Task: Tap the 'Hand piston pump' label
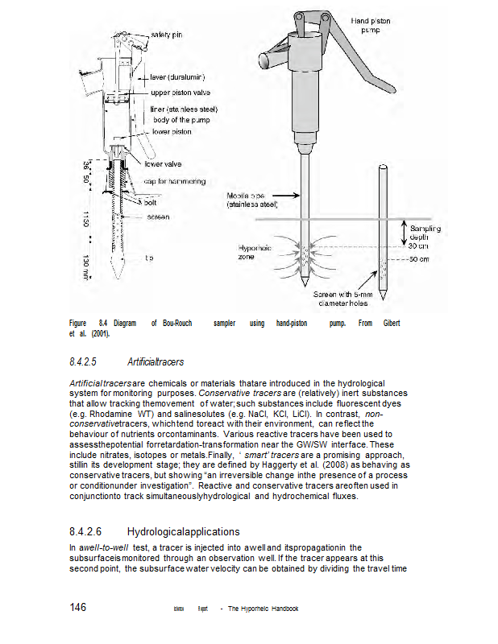tap(371, 24)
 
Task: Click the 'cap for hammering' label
tap(175, 181)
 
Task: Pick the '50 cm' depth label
tap(417, 259)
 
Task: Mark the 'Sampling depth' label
tap(419, 233)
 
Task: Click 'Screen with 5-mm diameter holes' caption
tap(350, 299)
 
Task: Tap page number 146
tap(78, 607)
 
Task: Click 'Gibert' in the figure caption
tap(391, 323)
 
